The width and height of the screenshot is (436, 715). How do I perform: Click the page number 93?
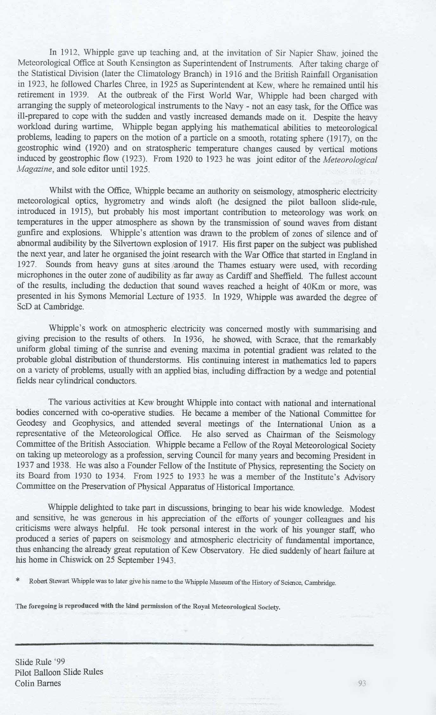362,684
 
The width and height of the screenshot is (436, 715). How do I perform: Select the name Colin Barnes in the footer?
38,683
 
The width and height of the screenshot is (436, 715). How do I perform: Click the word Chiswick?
76,560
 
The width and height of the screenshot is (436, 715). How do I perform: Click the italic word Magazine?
32,170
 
